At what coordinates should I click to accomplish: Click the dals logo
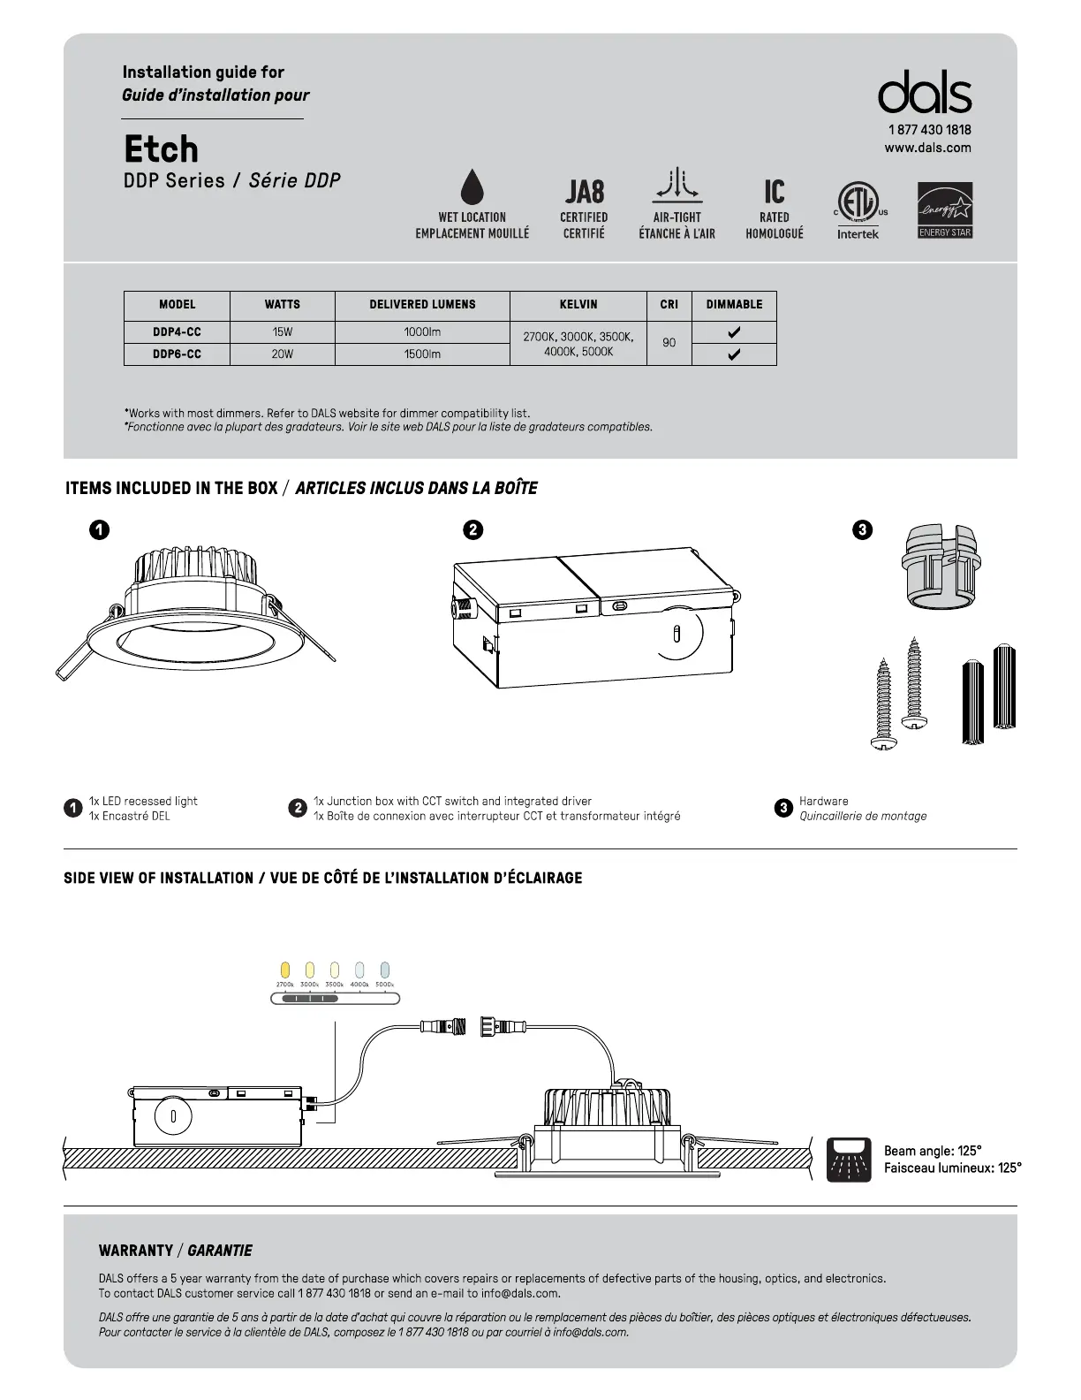click(x=925, y=93)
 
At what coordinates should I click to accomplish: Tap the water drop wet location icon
click(x=472, y=186)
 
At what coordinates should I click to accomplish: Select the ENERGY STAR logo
click(x=945, y=210)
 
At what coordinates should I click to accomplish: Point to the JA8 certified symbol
click(x=584, y=192)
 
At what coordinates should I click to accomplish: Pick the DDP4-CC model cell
click(x=177, y=332)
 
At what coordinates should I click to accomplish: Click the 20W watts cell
click(x=282, y=354)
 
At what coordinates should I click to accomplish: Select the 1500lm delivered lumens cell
click(x=422, y=354)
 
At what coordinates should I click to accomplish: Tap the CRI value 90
click(x=669, y=343)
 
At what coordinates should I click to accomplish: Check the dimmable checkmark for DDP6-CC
click(x=734, y=354)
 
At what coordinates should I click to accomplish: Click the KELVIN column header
click(x=578, y=305)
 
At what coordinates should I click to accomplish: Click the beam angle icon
click(x=849, y=1160)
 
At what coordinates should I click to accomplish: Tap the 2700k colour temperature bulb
click(x=284, y=970)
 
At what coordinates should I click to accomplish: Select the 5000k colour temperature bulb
click(x=384, y=970)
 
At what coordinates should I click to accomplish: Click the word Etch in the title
click(x=161, y=149)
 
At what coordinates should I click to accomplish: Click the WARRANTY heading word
click(x=136, y=1251)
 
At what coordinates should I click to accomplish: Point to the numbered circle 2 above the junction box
click(x=473, y=530)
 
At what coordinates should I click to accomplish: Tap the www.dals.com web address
click(x=927, y=148)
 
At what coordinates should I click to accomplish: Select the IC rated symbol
click(x=775, y=192)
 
